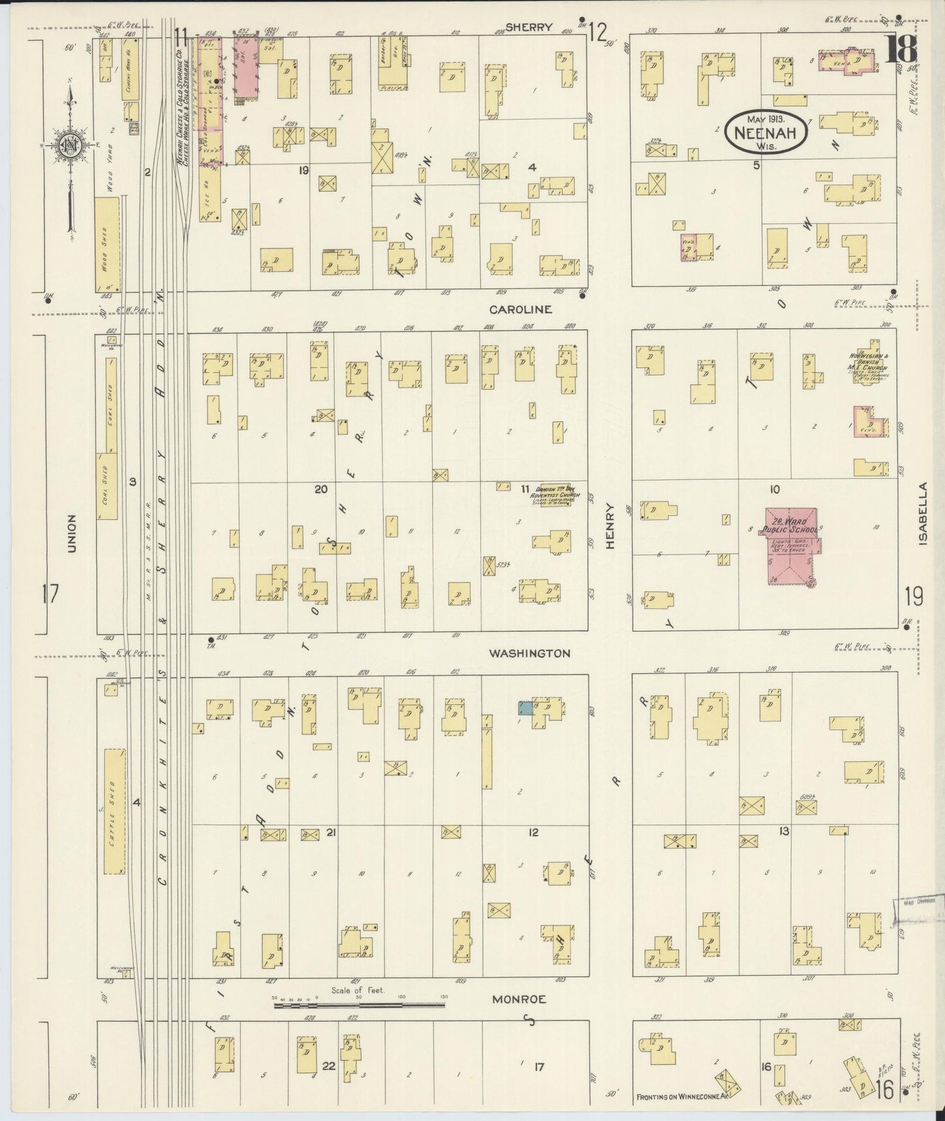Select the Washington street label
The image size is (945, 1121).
click(530, 653)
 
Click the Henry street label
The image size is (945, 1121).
click(610, 525)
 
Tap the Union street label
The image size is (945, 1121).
click(72, 534)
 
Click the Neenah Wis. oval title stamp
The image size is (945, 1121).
click(766, 131)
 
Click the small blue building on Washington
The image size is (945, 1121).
click(525, 708)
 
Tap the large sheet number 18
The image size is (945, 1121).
click(901, 50)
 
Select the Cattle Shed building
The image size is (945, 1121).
click(114, 812)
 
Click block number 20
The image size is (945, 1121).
click(320, 489)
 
